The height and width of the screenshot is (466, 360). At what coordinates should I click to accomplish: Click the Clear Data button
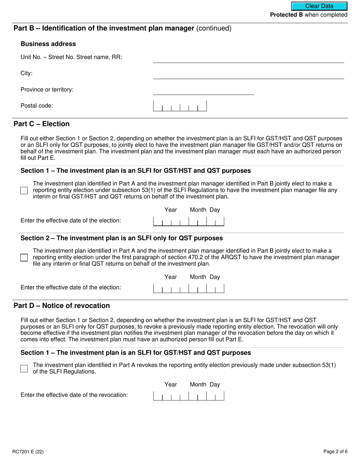coord(319,6)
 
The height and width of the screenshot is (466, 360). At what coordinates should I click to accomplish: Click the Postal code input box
coord(180,106)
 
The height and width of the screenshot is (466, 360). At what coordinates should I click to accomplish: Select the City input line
coord(248,74)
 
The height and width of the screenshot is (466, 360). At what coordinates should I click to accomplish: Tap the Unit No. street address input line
coord(248,58)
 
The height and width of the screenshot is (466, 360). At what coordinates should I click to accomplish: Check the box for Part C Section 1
coord(24,190)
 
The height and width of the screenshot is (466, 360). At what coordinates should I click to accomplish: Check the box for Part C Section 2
coord(24,258)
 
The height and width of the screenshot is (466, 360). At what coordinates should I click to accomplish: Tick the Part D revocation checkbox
coord(24,368)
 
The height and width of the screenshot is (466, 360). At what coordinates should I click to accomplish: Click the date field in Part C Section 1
coord(189,221)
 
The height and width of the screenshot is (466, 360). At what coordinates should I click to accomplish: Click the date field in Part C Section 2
coord(189,288)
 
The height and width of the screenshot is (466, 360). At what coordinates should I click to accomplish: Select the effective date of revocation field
coord(189,396)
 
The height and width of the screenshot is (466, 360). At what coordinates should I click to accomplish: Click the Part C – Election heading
coord(42,124)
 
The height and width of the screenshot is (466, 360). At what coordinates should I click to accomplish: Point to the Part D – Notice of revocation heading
coord(62,306)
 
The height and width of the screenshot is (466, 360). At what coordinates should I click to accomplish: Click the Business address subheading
coord(48,44)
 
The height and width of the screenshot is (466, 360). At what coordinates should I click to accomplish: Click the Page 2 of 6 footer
coord(335,451)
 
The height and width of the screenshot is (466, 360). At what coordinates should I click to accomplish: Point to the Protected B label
coord(308,15)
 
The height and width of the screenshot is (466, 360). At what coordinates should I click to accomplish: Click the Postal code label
coord(37,106)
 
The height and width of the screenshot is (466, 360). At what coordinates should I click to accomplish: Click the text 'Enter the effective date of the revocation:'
coord(74,395)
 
